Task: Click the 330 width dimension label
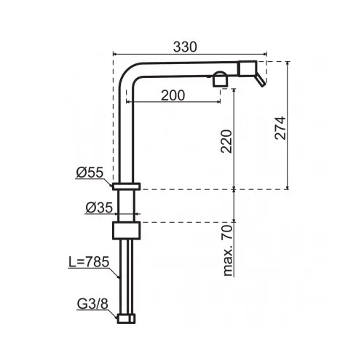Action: tap(185, 47)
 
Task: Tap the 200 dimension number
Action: tap(173, 95)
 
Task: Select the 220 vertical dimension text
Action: tap(226, 141)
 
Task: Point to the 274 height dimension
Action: tap(280, 128)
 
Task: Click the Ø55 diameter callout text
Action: tap(90, 173)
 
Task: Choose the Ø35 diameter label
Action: tap(99, 207)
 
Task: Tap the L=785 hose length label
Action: tap(89, 262)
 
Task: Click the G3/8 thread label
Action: tap(92, 304)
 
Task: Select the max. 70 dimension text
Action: tap(228, 250)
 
